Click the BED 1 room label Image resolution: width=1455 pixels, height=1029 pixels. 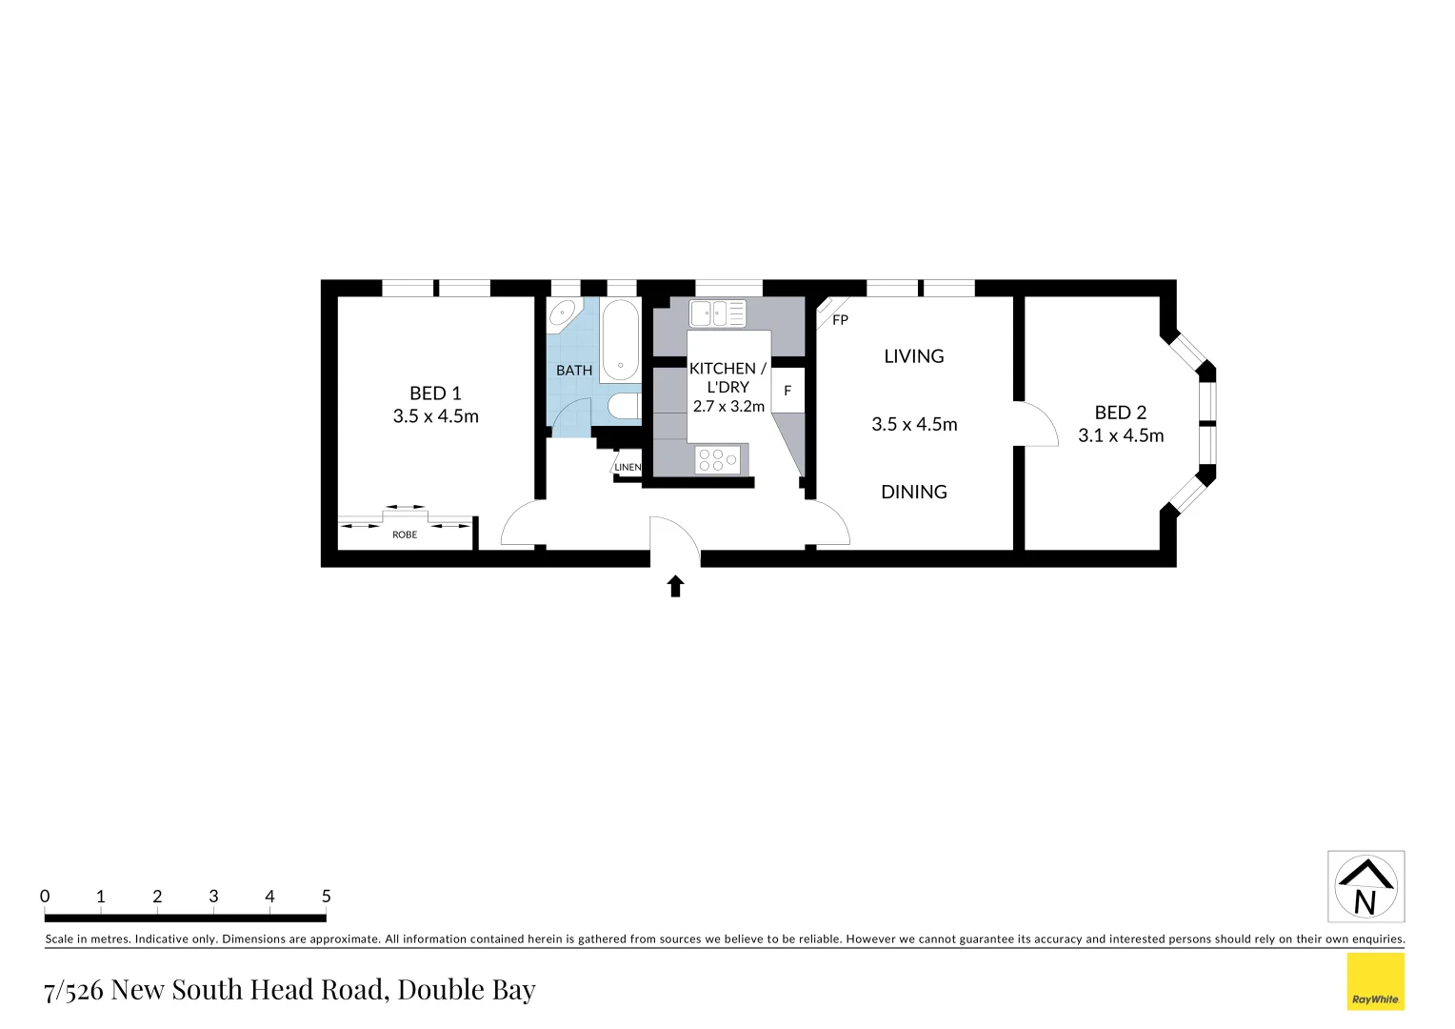coord(435,393)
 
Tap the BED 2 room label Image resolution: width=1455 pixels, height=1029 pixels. coord(1120,413)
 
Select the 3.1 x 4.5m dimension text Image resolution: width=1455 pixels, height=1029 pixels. coord(1120,435)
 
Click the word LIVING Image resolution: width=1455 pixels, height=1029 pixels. coord(913,356)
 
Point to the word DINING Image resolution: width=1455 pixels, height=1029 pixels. coord(913,492)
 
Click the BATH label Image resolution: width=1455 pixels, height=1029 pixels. coord(574,370)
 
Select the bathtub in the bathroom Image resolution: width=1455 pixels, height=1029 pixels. coord(620,340)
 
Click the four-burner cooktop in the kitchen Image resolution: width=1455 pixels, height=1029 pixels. coord(718,460)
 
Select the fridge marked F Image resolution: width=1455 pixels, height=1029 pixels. coord(787,391)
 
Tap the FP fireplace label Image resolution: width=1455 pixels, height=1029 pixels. coord(840,320)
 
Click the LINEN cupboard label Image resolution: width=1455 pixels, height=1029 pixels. coord(628,467)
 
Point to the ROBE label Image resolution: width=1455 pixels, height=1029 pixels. coord(405,535)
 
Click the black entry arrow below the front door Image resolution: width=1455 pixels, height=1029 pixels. coord(675,586)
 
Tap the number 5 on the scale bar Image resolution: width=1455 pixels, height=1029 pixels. coord(326,896)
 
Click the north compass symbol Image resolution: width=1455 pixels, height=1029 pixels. coord(1365,886)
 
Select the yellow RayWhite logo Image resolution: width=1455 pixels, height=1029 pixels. coord(1375,981)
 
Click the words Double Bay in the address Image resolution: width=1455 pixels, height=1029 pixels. coord(467,990)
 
